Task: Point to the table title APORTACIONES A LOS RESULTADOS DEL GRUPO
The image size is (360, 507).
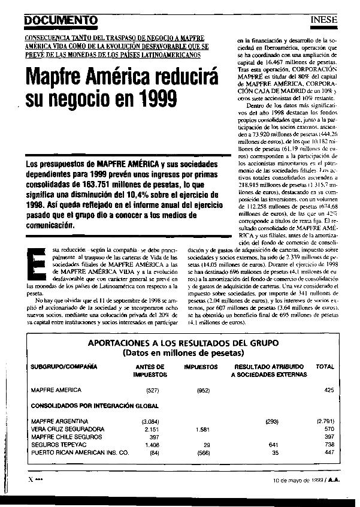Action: tap(183, 343)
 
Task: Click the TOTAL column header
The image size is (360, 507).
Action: tap(325, 366)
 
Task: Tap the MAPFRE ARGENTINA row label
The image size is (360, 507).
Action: tap(60, 422)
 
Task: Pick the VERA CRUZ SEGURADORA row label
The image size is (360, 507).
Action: tap(68, 430)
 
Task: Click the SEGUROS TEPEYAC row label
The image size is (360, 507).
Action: tap(59, 445)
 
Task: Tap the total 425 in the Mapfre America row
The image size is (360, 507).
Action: tap(328, 390)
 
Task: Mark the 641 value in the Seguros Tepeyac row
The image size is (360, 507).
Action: tap(275, 445)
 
